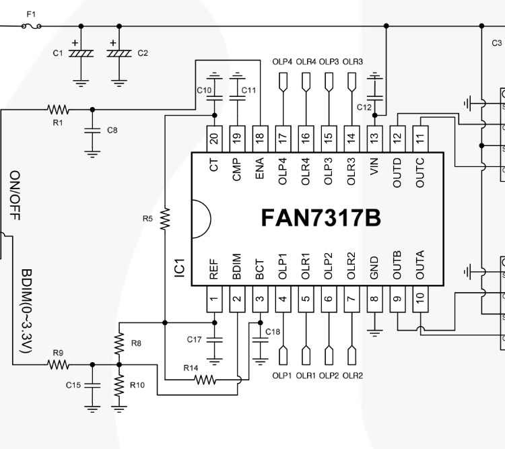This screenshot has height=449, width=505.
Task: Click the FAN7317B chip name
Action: (321, 218)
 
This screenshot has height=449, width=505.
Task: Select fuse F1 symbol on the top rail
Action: (32, 26)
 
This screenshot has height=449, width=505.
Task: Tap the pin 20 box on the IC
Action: (214, 137)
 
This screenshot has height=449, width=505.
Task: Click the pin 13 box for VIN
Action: (374, 137)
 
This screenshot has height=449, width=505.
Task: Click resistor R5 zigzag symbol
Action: (165, 219)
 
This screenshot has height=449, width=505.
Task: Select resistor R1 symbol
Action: (59, 109)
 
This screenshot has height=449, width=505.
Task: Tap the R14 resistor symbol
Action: (205, 380)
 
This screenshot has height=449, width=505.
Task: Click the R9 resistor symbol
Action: (59, 364)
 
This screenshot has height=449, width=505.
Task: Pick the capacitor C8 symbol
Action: (92, 131)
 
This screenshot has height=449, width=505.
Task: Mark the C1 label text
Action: (58, 53)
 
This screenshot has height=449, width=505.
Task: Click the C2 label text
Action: (143, 53)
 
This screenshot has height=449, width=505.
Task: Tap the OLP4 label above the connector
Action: (282, 62)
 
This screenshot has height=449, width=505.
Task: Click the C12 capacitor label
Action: (364, 107)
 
